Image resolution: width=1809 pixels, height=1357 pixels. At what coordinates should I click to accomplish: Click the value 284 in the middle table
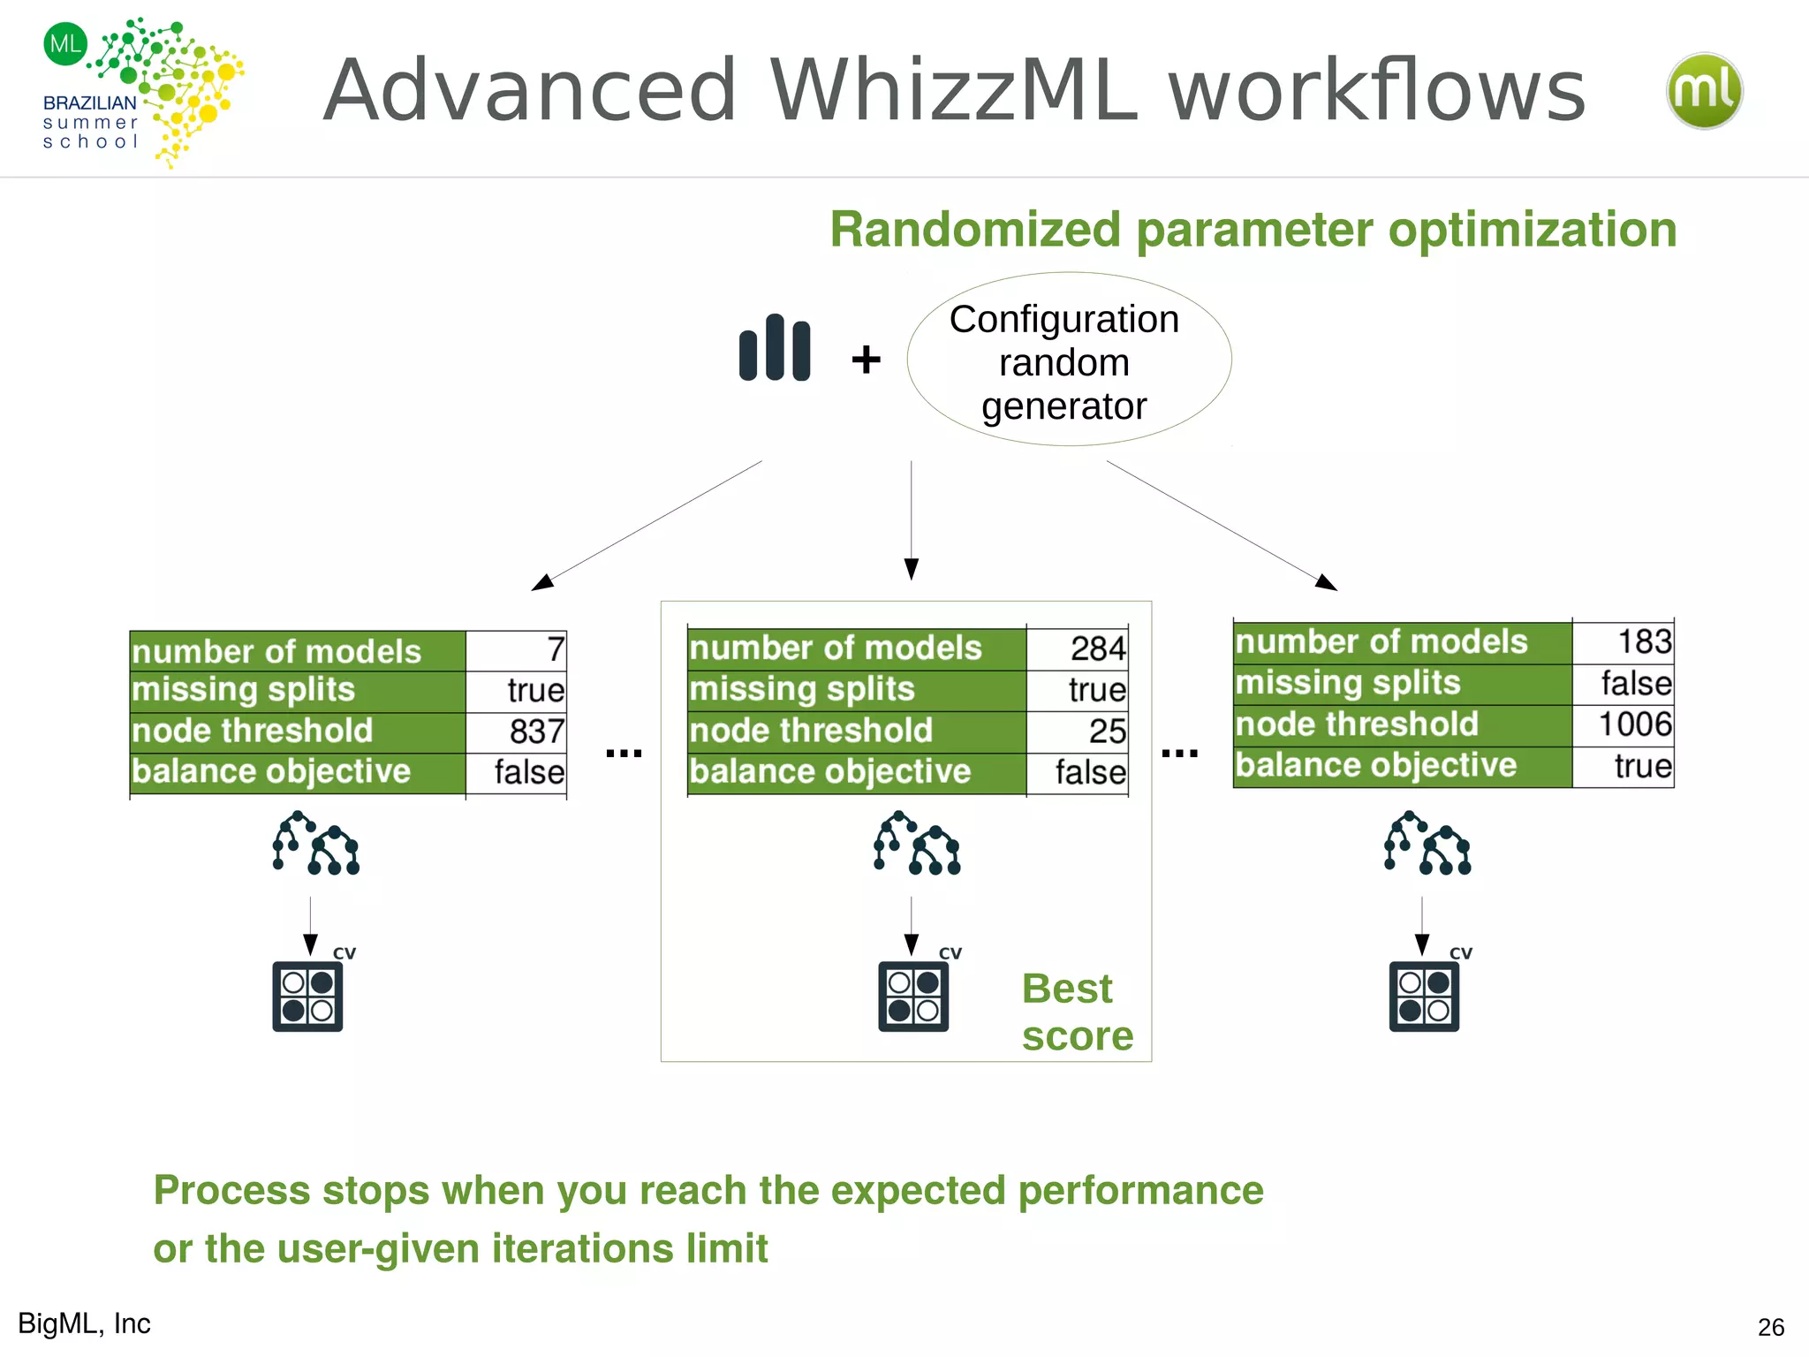pos(1097,649)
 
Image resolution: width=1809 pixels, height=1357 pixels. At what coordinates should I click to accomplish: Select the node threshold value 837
pos(536,732)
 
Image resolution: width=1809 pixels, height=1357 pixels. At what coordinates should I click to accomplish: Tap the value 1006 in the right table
pos(1634,724)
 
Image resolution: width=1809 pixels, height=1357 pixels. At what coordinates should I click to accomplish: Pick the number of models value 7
pos(555,650)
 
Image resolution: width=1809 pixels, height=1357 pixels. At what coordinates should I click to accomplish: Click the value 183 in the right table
pos(1644,642)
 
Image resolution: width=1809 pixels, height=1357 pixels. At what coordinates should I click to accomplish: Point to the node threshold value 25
pos(1107,732)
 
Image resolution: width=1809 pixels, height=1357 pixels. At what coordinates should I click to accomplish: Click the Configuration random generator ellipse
pos(1068,360)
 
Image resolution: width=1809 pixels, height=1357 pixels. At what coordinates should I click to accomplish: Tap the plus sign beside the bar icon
pos(866,360)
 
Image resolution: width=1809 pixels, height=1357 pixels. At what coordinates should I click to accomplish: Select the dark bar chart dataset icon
pos(775,348)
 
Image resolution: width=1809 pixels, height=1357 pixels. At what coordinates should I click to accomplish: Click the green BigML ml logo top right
pos(1704,91)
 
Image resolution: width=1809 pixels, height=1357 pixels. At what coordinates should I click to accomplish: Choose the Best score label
pos(1077,1012)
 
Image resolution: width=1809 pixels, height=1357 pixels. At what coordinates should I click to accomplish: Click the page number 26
pos(1770,1327)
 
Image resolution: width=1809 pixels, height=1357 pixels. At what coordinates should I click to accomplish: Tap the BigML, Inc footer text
pos(85,1323)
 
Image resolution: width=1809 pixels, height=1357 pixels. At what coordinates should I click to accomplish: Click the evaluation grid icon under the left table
pos(307,997)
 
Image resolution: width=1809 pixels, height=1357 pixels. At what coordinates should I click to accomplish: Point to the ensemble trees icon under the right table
pos(1427,845)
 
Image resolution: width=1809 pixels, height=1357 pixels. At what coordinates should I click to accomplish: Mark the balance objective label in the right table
pos(1375,766)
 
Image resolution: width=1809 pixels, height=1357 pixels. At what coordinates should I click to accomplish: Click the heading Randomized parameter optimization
pos(1253,230)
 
